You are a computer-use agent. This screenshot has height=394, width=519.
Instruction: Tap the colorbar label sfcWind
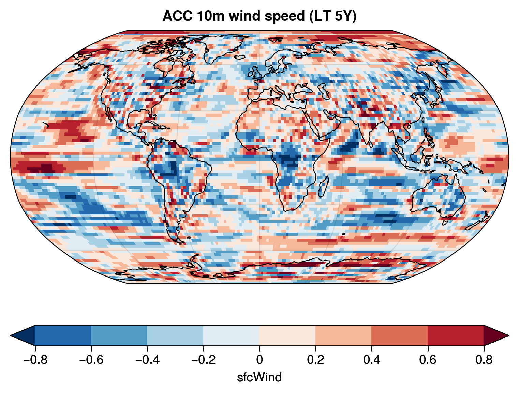tap(259, 377)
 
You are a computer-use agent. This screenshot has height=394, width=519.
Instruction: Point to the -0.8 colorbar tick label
tap(35, 360)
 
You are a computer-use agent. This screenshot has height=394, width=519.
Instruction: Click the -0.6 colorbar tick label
tap(91, 360)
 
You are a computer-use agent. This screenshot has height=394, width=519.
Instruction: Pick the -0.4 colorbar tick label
tap(147, 360)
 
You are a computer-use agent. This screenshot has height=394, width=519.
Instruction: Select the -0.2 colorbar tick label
tap(203, 360)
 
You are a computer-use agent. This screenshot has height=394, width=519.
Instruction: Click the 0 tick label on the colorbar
tap(259, 360)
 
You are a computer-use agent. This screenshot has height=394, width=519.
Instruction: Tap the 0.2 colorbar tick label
tap(315, 360)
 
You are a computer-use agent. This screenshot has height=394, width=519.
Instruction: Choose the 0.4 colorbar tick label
tap(372, 360)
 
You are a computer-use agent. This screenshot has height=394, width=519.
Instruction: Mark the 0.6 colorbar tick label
tap(428, 360)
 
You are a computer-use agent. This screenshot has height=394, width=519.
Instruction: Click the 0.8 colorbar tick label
tap(484, 360)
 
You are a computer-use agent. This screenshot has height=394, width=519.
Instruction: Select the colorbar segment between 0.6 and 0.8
tap(456, 335)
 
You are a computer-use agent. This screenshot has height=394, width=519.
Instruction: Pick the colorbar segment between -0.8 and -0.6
tap(63, 335)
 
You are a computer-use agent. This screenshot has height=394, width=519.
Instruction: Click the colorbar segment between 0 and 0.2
tap(287, 335)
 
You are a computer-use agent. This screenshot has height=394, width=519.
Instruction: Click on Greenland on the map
tap(218, 48)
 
